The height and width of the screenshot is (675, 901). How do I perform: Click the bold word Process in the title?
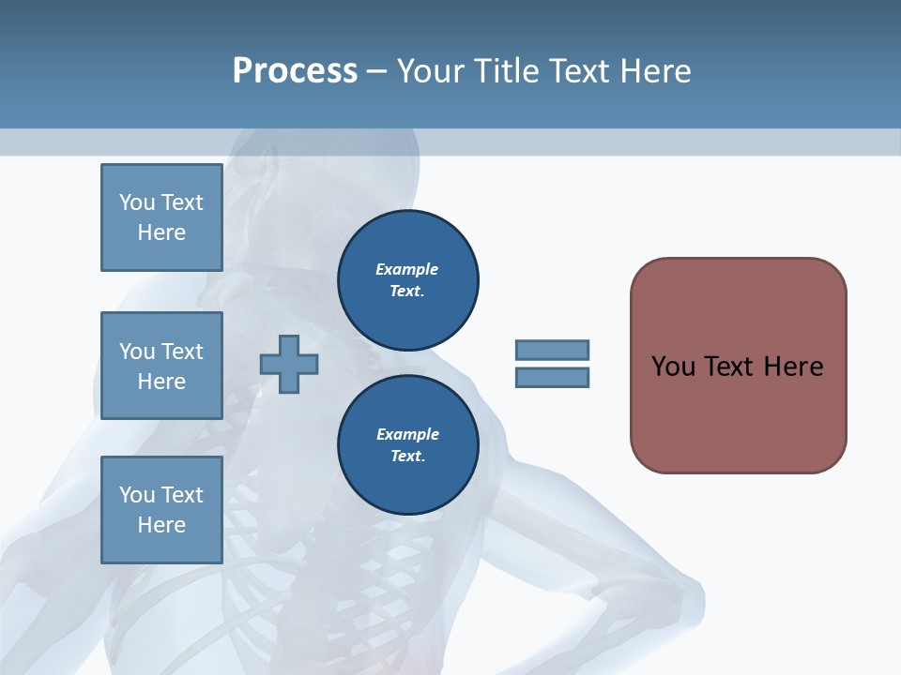click(295, 71)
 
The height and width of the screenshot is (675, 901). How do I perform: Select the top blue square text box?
click(161, 217)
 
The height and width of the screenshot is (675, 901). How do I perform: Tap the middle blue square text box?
click(161, 366)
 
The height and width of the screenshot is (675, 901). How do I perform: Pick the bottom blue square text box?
click(161, 510)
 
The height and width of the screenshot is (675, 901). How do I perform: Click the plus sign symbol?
click(289, 364)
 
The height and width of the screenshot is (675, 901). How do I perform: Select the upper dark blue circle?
click(407, 280)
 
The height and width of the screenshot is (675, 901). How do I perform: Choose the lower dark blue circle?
click(407, 445)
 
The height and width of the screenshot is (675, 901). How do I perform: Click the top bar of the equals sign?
click(552, 350)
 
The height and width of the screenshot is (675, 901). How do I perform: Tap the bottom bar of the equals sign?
click(552, 378)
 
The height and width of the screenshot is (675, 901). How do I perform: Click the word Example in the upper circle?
click(407, 269)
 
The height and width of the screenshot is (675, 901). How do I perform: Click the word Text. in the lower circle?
click(407, 457)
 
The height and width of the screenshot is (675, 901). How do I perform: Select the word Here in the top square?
click(161, 232)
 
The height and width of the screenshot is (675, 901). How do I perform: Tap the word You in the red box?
click(673, 367)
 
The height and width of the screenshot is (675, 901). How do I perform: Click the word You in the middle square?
click(137, 352)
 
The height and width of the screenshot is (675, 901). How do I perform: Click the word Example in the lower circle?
click(407, 434)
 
